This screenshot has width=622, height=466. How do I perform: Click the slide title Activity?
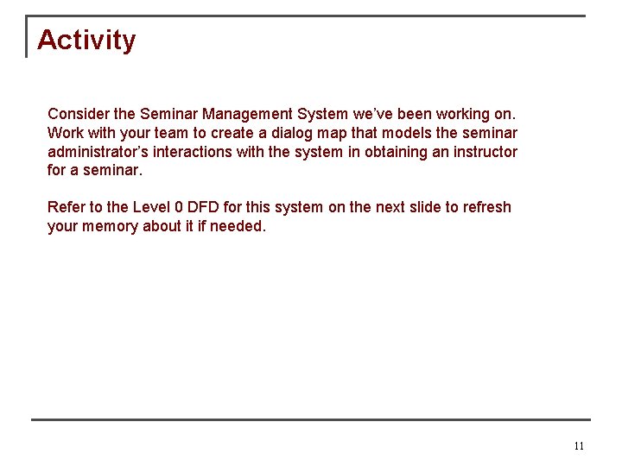coord(86,41)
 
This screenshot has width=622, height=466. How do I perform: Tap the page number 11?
coord(579,446)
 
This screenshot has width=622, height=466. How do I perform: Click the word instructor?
coord(485,152)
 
